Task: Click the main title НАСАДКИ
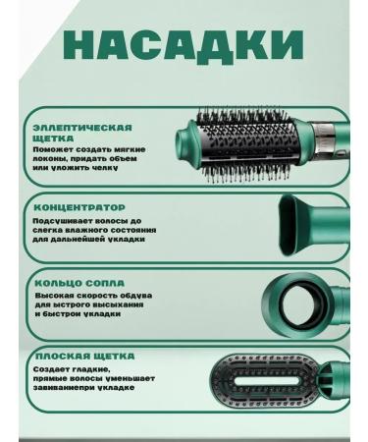coord(184,47)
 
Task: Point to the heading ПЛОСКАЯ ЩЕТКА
coord(83,356)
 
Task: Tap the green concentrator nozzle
coord(312,226)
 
